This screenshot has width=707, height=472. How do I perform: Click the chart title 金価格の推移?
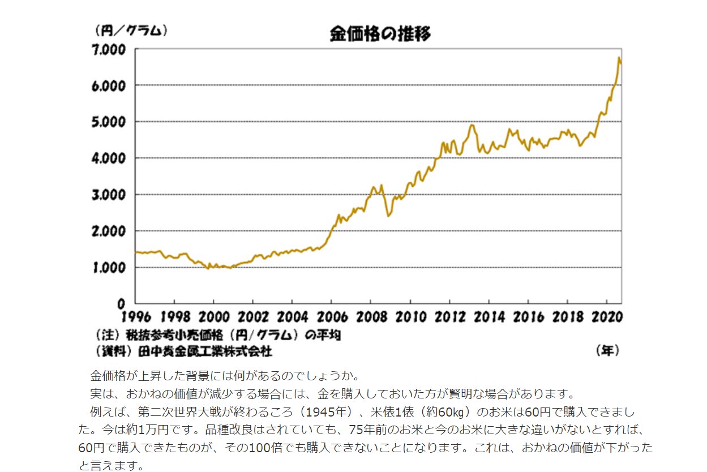(x=380, y=34)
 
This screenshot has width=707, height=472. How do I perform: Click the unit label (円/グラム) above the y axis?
(x=131, y=30)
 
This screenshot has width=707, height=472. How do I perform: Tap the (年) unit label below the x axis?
(x=608, y=351)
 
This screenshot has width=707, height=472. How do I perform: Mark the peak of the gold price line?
(x=619, y=58)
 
